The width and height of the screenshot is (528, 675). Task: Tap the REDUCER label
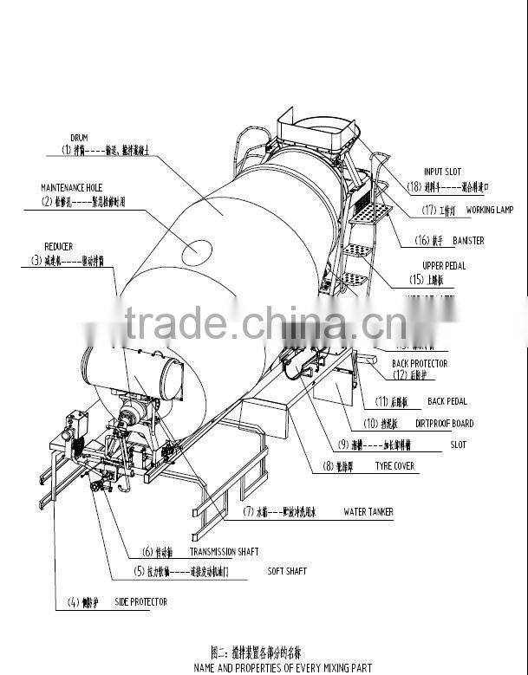(58, 246)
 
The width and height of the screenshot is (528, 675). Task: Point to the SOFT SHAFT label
(287, 571)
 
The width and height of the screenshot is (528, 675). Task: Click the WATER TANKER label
(368, 512)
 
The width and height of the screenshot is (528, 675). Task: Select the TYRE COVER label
(394, 466)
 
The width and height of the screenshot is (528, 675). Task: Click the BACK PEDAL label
(447, 401)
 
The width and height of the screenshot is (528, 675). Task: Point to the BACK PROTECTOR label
(420, 363)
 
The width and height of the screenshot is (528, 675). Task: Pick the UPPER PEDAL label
(443, 266)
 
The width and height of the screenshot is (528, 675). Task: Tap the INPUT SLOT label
(444, 172)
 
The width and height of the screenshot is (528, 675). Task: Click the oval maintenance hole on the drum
(197, 250)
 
